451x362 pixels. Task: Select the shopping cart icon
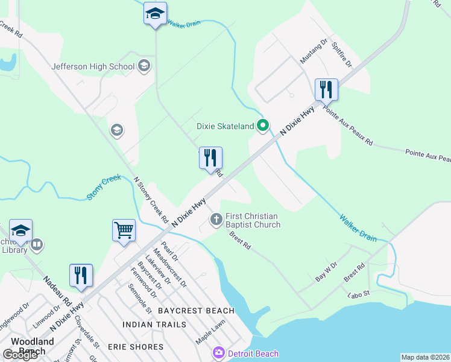pyautogui.click(x=124, y=230)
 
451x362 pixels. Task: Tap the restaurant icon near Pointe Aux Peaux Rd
pyautogui.click(x=326, y=90)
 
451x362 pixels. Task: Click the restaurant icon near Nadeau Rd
pyautogui.click(x=81, y=275)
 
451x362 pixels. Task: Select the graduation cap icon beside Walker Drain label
pyautogui.click(x=155, y=14)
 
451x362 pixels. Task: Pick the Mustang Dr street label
pyautogui.click(x=314, y=51)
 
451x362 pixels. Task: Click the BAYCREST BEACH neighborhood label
pyautogui.click(x=196, y=311)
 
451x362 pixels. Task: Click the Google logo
pyautogui.click(x=20, y=355)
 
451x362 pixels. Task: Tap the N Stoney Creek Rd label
pyautogui.click(x=150, y=197)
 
